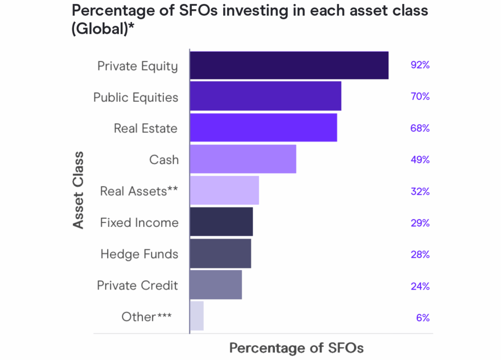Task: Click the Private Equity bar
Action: click(x=289, y=65)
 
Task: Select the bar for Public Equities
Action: click(x=265, y=96)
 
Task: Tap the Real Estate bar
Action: click(x=263, y=128)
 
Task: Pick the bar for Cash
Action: click(x=243, y=159)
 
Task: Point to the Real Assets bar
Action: click(x=224, y=190)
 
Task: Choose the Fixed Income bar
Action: click(x=221, y=222)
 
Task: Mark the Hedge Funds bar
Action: click(x=220, y=253)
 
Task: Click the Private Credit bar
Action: click(x=216, y=285)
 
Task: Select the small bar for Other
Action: click(x=197, y=316)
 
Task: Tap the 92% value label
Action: click(x=420, y=65)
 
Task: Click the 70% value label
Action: click(x=420, y=96)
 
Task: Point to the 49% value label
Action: click(x=420, y=159)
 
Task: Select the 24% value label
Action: click(x=420, y=286)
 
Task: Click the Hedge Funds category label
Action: click(x=139, y=254)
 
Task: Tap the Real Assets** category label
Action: click(x=138, y=191)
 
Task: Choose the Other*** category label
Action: click(x=146, y=317)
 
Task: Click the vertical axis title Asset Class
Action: click(x=78, y=190)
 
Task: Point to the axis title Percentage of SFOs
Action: click(x=296, y=348)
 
